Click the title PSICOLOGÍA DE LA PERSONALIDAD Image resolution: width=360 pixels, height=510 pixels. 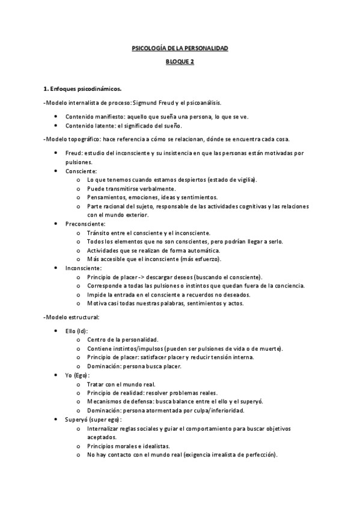(180, 48)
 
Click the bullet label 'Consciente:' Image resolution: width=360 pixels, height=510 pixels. (80, 171)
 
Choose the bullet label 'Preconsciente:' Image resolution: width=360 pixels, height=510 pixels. (85, 224)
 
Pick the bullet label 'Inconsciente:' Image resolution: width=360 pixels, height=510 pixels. (84, 268)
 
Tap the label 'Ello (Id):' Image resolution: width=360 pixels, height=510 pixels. (79, 331)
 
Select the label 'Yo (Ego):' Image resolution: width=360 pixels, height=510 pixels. (78, 375)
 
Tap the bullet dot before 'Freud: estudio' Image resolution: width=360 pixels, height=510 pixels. (56, 153)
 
